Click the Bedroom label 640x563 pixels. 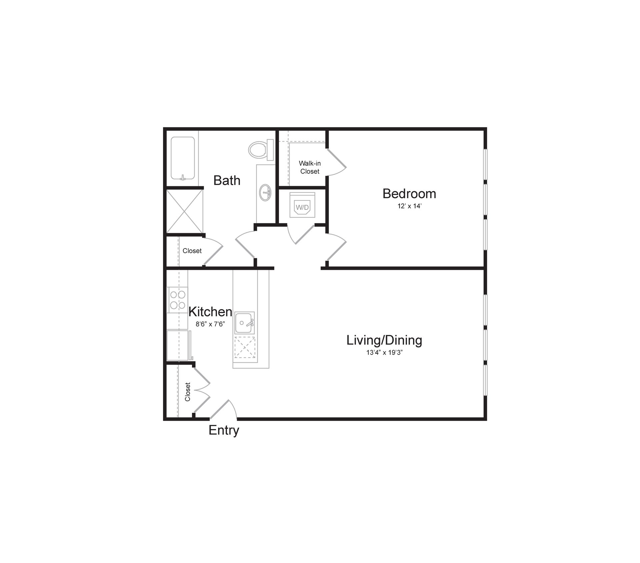[x=409, y=194]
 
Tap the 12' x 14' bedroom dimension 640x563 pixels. [x=409, y=206]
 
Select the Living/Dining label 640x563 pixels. [x=384, y=340]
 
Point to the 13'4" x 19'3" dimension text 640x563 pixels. [x=384, y=352]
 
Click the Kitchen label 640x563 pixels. [x=210, y=312]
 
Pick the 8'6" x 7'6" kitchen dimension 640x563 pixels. [x=210, y=324]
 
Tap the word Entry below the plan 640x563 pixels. [x=224, y=430]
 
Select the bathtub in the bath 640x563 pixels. [x=183, y=158]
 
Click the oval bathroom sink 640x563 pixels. [x=266, y=193]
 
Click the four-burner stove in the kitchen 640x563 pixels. [x=177, y=299]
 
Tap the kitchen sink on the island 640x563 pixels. [x=244, y=323]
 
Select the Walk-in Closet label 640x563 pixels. [x=310, y=167]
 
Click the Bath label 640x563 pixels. [x=227, y=180]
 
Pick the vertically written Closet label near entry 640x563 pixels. [x=188, y=392]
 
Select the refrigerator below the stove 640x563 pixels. [x=177, y=345]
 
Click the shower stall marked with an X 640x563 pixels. [x=184, y=211]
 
